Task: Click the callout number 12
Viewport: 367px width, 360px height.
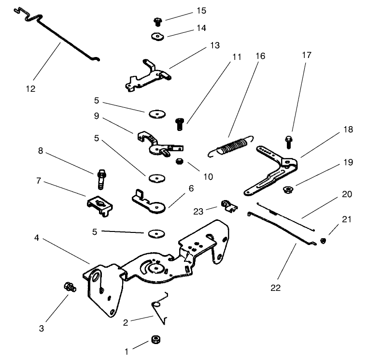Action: pyautogui.click(x=30, y=88)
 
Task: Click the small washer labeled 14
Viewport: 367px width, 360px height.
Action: pyautogui.click(x=157, y=36)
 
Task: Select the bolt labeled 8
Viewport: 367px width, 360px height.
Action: pyautogui.click(x=102, y=178)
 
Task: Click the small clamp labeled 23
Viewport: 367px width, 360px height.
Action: pyautogui.click(x=228, y=206)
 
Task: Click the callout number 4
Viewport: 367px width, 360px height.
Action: pyautogui.click(x=37, y=238)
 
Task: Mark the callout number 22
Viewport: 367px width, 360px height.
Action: pyautogui.click(x=276, y=288)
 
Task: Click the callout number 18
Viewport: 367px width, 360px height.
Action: pyautogui.click(x=348, y=130)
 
